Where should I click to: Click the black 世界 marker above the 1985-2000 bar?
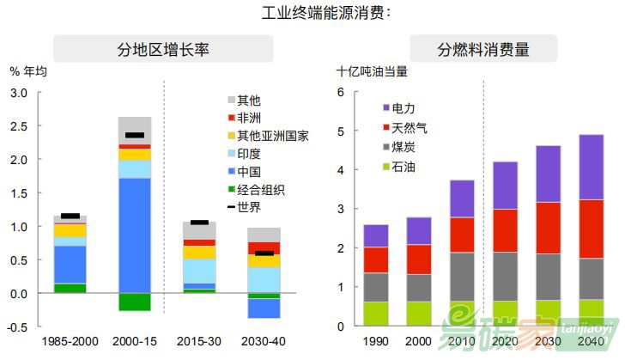tap(70, 217)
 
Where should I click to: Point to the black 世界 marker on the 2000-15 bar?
tap(135, 135)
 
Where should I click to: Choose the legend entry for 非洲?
tap(249, 119)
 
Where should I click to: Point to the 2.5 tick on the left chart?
tap(18, 126)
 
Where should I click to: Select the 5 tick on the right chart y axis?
tap(341, 131)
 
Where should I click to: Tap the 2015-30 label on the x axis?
tap(199, 341)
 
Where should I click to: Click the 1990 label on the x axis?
tap(376, 341)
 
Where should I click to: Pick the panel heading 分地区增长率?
tap(162, 49)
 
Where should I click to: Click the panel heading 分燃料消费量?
tap(483, 49)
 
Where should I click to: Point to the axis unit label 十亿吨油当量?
tap(372, 72)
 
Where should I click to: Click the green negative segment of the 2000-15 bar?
tap(135, 302)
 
